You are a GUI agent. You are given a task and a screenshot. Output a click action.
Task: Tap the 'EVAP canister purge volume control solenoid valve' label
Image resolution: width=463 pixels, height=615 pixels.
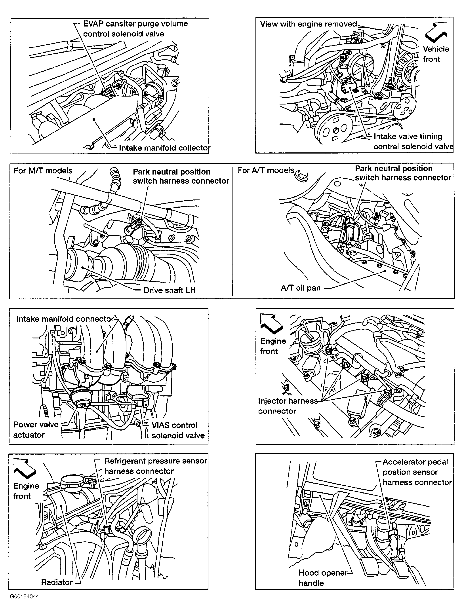135,29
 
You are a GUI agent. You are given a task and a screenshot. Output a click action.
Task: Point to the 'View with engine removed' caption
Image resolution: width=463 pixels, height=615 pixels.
308,24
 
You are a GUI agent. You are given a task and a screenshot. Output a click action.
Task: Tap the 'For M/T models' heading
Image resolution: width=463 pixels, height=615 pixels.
43,171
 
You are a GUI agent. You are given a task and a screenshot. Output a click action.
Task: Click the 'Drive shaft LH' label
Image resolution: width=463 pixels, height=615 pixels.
169,290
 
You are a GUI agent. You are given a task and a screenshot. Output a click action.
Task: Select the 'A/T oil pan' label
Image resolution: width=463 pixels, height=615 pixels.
301,288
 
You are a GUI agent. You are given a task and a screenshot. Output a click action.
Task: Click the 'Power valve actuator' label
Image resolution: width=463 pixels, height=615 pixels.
36,430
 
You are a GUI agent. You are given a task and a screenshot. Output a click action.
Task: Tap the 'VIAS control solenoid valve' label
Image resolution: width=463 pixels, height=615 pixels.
178,430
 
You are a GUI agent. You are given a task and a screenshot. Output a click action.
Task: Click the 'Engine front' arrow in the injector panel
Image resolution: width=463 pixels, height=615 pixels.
271,324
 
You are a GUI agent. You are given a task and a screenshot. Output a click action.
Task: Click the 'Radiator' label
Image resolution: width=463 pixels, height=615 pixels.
57,582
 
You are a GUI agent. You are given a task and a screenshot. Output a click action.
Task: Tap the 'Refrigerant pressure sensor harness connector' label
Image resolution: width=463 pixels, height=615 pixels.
155,466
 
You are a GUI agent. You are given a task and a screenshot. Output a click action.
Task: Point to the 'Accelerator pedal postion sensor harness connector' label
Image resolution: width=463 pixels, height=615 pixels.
417,472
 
